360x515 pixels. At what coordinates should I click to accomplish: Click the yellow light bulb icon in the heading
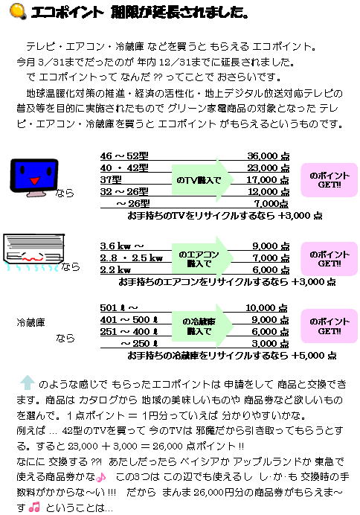[x=18, y=11]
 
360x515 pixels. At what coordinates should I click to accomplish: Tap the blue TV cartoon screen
[x=34, y=175]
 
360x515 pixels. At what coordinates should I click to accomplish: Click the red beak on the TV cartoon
[x=35, y=180]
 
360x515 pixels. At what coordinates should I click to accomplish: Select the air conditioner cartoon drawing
[x=33, y=252]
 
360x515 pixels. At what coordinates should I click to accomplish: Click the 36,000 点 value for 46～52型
[x=268, y=156]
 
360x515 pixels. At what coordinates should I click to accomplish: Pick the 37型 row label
[x=111, y=179]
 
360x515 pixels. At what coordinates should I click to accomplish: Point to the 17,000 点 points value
[x=268, y=179]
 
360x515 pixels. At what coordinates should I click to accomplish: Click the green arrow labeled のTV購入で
[x=202, y=180]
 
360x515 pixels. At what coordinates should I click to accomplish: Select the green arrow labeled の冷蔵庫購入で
[x=202, y=326]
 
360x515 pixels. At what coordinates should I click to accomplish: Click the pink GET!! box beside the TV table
[x=330, y=180]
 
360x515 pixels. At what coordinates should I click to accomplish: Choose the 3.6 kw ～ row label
[x=122, y=246]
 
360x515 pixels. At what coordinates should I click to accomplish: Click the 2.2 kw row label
[x=115, y=269]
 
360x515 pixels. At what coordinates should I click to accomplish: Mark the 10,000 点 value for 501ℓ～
[x=266, y=308]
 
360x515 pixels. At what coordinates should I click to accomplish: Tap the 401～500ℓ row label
[x=129, y=319]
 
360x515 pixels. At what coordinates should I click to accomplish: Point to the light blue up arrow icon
[x=28, y=383]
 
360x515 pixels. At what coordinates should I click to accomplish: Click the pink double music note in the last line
[x=34, y=507]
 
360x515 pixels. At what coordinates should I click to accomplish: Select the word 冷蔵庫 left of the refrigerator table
[x=30, y=322]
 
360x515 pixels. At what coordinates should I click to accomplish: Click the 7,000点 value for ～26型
[x=271, y=204]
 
